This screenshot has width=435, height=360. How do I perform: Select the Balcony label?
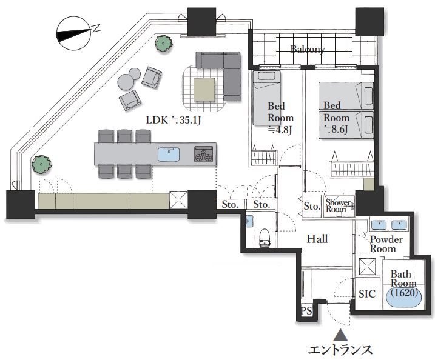click(308, 49)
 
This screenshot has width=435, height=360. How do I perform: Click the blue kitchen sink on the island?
click(169, 154)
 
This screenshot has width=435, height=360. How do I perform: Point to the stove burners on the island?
click(204, 155)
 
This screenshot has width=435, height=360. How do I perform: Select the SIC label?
click(367, 294)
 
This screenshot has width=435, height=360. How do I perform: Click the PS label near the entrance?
click(307, 312)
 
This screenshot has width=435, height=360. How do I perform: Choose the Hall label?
click(317, 239)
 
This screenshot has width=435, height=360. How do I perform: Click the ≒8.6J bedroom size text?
click(336, 128)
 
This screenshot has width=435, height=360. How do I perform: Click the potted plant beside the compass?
click(162, 43)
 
